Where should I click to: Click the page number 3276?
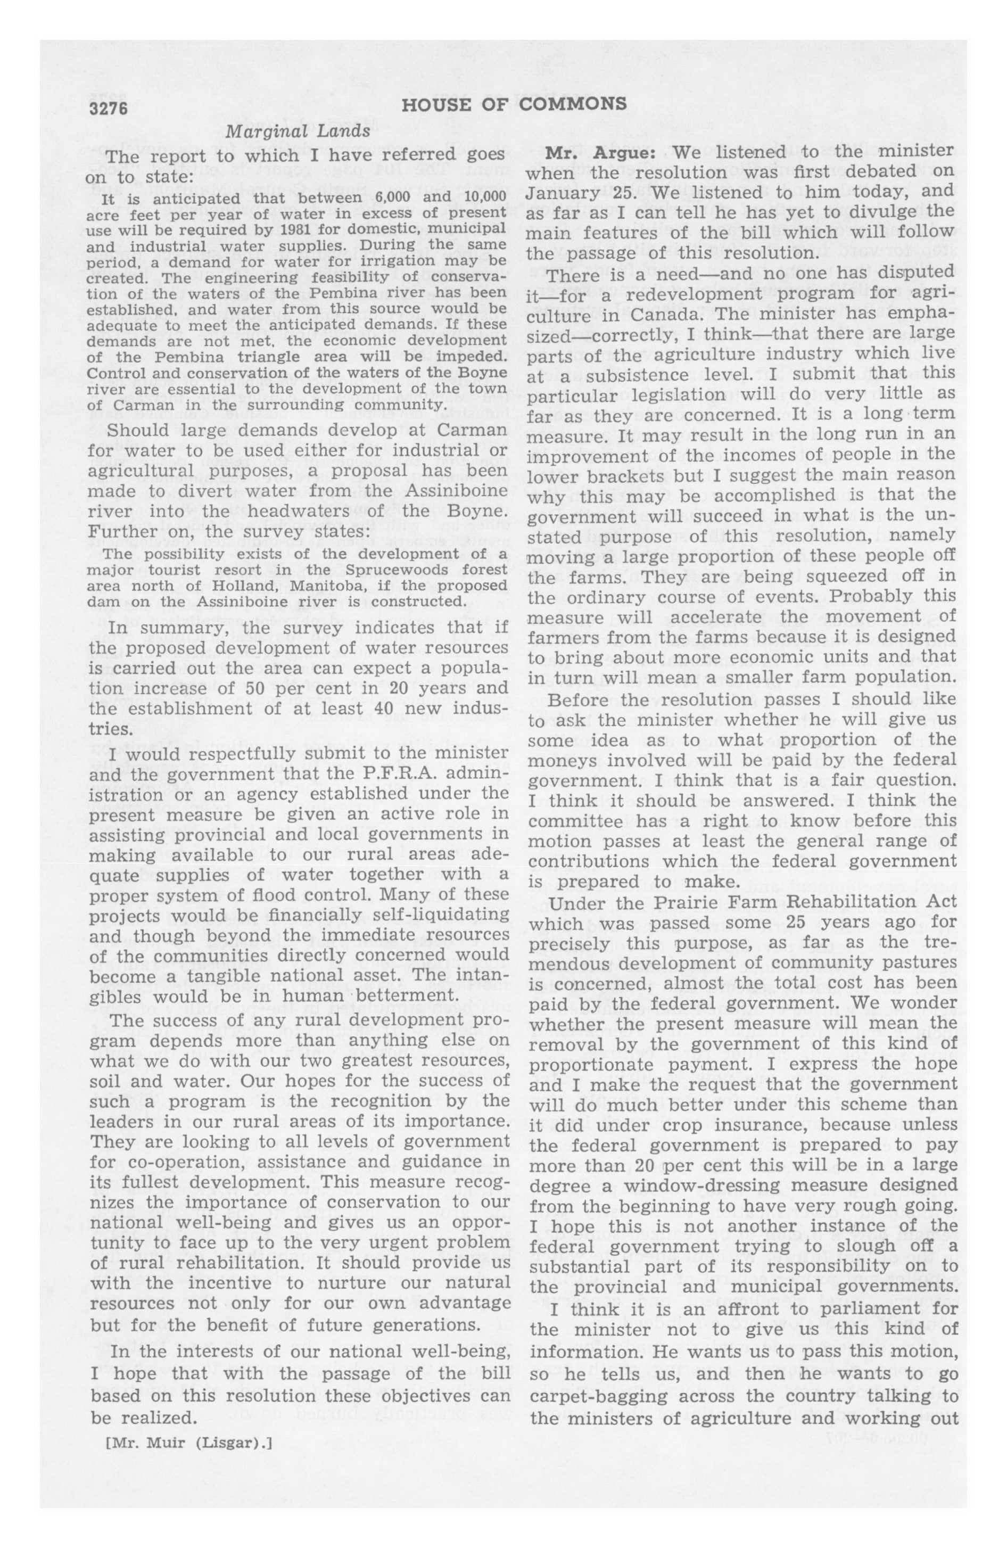tap(108, 108)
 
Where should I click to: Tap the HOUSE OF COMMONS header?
tap(514, 104)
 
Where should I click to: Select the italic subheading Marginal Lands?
tap(298, 131)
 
